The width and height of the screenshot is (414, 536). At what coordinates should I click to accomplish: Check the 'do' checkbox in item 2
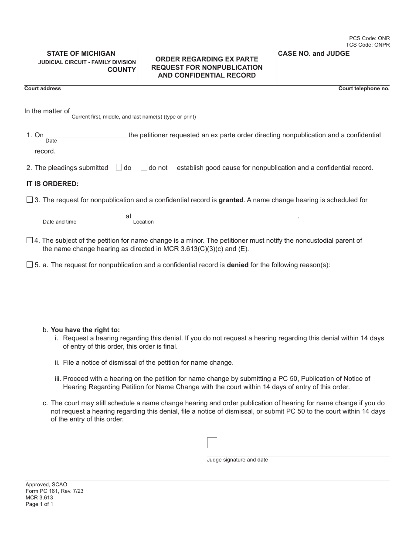point(119,167)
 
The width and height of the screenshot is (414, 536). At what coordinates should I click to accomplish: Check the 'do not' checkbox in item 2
point(144,167)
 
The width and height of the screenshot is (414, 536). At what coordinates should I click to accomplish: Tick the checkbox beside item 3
point(30,200)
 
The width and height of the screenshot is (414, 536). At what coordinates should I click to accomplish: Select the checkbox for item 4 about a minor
point(30,240)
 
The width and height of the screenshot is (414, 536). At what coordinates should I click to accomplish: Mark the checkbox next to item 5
point(30,265)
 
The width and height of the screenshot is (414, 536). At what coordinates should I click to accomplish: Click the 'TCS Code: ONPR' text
point(368,45)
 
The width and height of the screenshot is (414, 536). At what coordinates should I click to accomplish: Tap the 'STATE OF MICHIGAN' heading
point(81,54)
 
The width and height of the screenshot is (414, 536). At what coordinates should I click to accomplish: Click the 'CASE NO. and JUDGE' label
point(314,54)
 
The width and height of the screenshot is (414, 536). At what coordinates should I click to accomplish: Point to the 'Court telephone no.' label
point(364,88)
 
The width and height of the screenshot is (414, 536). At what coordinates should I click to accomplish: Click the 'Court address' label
point(43,88)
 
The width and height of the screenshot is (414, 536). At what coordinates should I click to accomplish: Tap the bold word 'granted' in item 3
point(231,200)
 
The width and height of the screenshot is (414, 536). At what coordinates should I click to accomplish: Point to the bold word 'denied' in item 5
point(238,265)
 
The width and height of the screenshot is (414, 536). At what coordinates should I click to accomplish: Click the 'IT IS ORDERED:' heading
point(53,184)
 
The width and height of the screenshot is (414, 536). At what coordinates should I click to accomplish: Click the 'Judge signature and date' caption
point(237,460)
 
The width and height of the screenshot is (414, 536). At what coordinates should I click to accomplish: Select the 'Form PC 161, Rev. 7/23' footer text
point(54,491)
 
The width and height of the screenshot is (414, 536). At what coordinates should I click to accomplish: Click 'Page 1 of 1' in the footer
point(39,504)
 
